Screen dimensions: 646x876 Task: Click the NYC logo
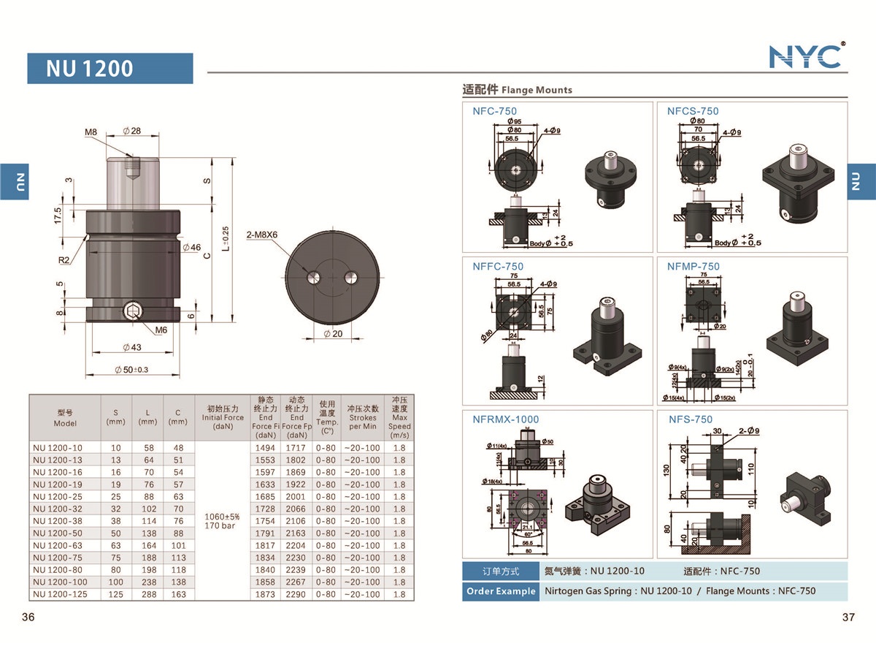click(x=806, y=56)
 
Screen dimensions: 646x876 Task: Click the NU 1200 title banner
click(x=110, y=69)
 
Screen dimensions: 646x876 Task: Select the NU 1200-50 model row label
click(x=58, y=533)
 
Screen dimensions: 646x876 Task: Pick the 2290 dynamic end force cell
click(x=296, y=594)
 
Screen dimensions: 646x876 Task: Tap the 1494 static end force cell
click(x=265, y=448)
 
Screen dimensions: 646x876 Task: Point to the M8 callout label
click(x=91, y=132)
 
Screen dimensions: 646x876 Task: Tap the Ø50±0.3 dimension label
click(x=131, y=370)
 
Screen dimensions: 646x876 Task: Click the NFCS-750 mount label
click(x=693, y=111)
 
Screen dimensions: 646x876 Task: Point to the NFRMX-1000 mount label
click(x=506, y=419)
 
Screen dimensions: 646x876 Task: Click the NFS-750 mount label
click(x=691, y=419)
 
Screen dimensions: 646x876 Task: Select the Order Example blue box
click(x=501, y=591)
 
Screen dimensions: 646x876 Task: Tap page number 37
click(x=848, y=617)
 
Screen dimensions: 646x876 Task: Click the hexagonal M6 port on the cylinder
click(x=132, y=313)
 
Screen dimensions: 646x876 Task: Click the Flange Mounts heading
click(x=518, y=90)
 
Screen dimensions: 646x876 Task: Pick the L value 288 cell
click(x=147, y=594)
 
